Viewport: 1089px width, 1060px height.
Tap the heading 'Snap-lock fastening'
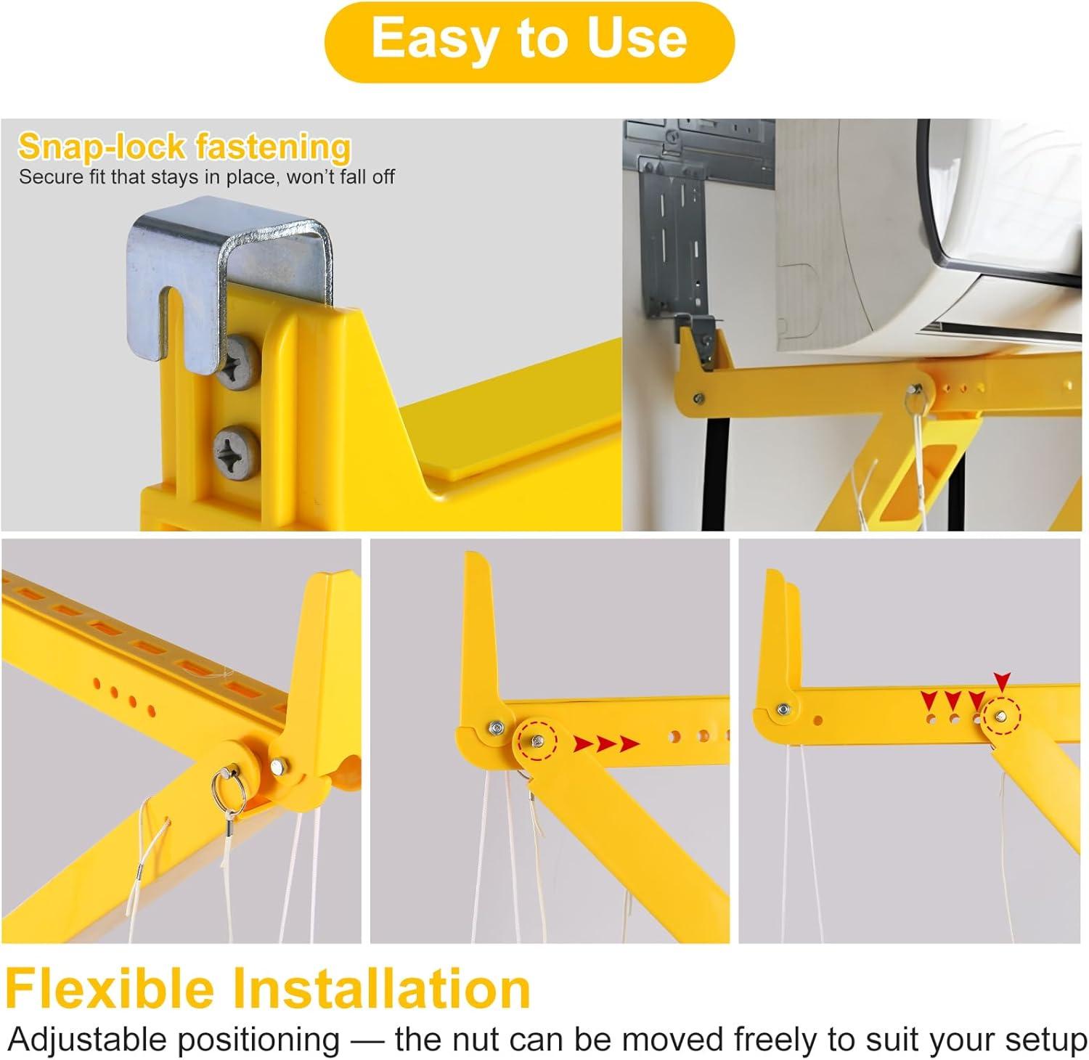coord(184,147)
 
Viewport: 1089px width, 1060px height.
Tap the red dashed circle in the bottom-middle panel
coord(536,740)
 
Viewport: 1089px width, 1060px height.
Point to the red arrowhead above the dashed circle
coord(1002,682)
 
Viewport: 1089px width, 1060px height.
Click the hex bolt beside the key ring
coord(278,765)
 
